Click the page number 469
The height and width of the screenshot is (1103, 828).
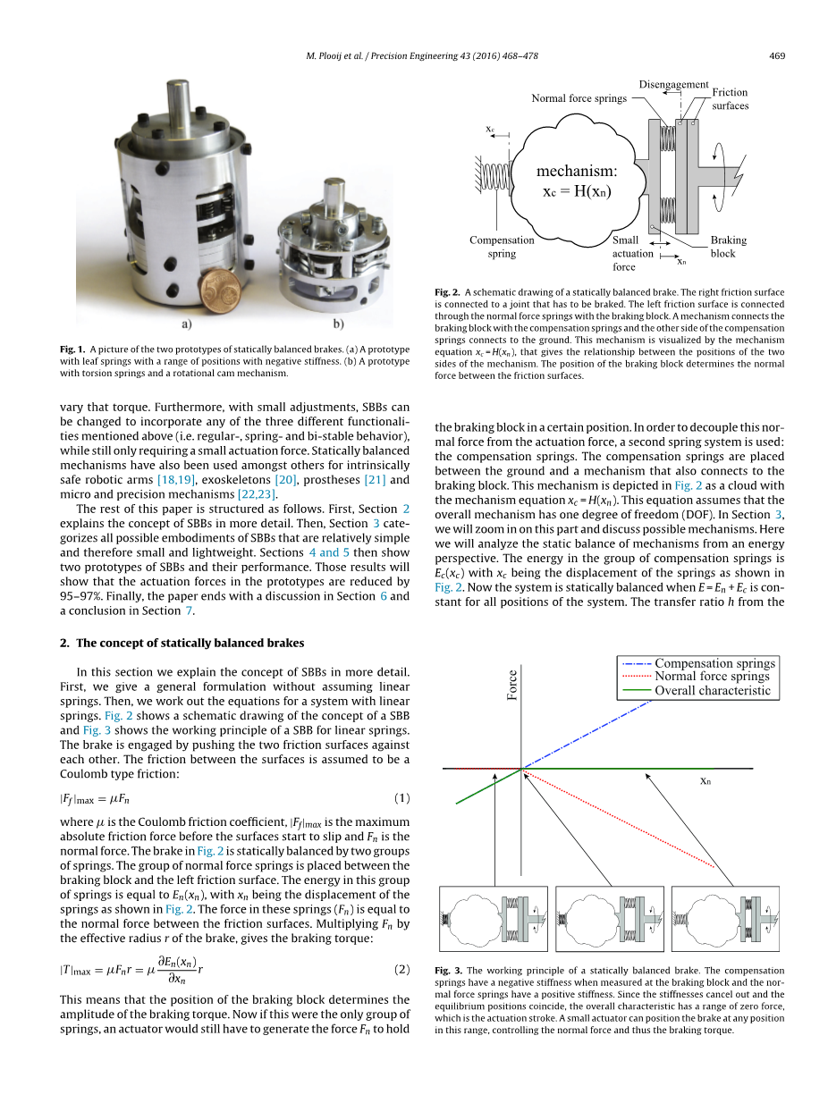pos(776,56)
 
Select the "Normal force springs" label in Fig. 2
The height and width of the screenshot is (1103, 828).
pos(579,98)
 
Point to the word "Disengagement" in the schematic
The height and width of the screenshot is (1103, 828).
pos(673,85)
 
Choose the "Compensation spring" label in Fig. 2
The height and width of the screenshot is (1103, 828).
pos(502,247)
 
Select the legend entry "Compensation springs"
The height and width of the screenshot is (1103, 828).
pos(714,663)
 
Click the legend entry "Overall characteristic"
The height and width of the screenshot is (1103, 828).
pos(712,690)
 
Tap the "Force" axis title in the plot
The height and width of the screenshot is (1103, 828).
pos(512,686)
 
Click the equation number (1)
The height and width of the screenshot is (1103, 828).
pos(401,797)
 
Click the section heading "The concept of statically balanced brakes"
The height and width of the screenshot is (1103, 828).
pos(190,643)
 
